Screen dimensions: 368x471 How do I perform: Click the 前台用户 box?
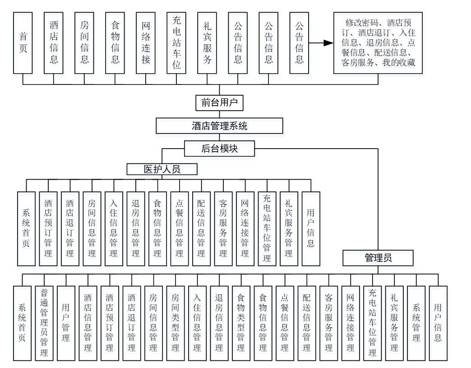(219, 102)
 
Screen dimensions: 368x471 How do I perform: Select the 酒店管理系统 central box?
(219, 126)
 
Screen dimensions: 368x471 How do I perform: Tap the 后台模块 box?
(219, 148)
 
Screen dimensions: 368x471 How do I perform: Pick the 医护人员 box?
(162, 169)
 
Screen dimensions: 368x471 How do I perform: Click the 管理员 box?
(378, 258)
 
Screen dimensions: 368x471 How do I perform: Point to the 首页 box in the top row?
(23, 43)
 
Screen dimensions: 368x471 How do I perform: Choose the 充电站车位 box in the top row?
(176, 43)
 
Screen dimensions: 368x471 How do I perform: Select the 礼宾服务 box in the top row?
(207, 43)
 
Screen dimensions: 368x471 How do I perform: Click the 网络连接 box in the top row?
(146, 43)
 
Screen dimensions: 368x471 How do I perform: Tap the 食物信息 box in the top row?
(115, 43)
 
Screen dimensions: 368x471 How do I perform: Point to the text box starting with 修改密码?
(378, 43)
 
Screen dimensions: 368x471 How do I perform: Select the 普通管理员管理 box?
(44, 323)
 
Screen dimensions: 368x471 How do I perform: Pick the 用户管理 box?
(66, 323)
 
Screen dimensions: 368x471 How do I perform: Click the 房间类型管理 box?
(175, 323)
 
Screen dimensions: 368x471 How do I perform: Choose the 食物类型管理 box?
(241, 323)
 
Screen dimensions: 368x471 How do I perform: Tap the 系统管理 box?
(416, 323)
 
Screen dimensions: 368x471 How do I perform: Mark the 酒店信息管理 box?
(88, 323)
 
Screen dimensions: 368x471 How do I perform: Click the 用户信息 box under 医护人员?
(311, 228)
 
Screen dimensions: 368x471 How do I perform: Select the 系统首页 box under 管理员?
(23, 323)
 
